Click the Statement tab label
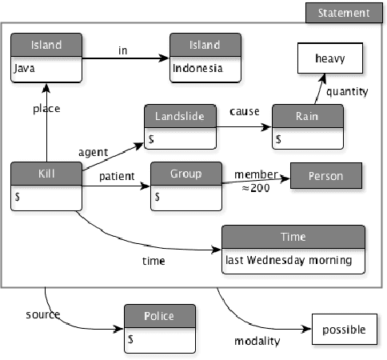click(344, 13)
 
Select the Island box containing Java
click(47, 57)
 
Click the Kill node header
click(46, 174)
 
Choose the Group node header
click(186, 174)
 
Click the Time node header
click(293, 238)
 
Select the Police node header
click(159, 315)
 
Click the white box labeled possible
click(344, 330)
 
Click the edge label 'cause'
click(244, 110)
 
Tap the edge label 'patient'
click(115, 177)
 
